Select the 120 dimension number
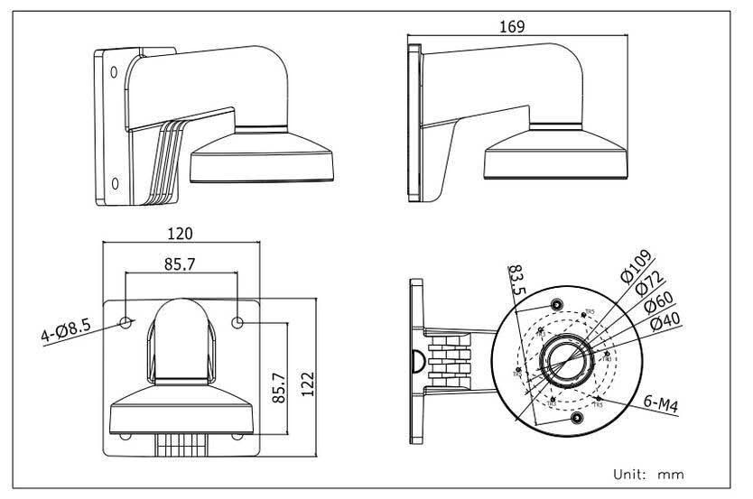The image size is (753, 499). [181, 233]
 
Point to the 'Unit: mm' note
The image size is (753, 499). [648, 473]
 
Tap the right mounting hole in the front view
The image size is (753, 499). [238, 321]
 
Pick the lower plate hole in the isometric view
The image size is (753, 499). [115, 184]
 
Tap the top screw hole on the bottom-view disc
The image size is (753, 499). [557, 303]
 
